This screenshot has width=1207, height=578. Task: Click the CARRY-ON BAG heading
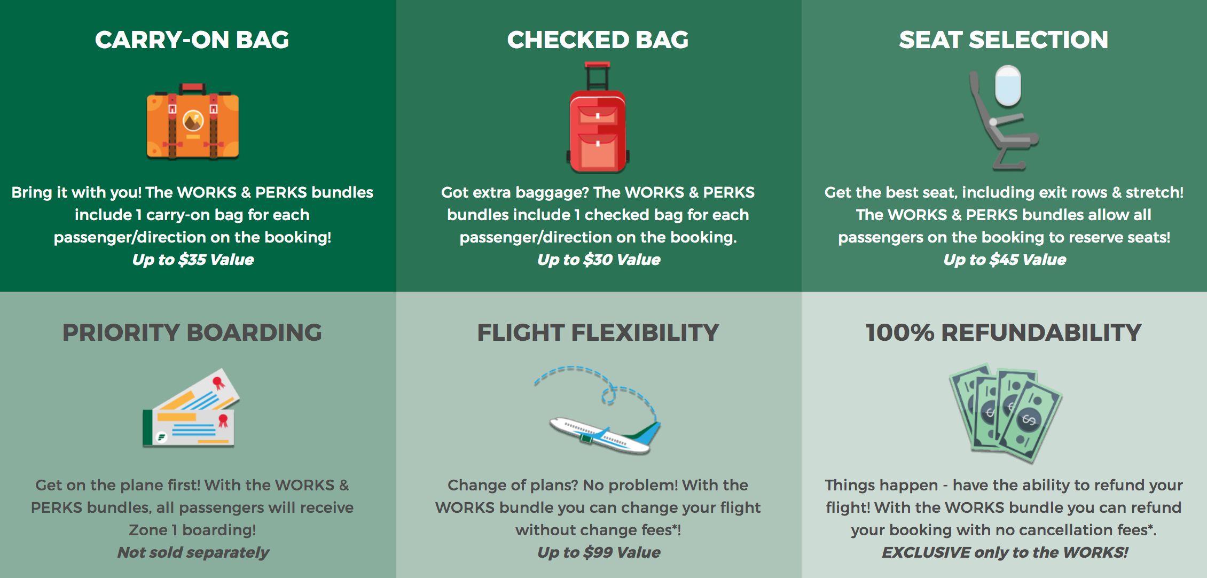(192, 40)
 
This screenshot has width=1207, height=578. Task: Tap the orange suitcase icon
(193, 122)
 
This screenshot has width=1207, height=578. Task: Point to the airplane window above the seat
(1008, 85)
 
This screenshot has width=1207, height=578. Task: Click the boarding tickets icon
(191, 408)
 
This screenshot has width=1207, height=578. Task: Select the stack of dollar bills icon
(1006, 412)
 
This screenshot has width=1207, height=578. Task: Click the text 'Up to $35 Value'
(193, 260)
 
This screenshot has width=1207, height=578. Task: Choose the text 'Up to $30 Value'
(599, 260)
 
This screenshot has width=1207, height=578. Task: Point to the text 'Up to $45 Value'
(1005, 260)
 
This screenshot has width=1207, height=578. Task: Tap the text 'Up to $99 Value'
(599, 552)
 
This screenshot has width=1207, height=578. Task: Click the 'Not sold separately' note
(193, 552)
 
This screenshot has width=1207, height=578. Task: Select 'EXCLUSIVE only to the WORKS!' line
(1005, 552)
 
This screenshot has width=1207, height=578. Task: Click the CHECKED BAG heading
(598, 40)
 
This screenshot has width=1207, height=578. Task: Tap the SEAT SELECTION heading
(1004, 40)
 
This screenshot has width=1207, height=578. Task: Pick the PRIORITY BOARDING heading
(192, 332)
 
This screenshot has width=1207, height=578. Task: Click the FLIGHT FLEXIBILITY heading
(598, 332)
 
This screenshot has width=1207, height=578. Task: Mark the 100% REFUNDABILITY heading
(1004, 332)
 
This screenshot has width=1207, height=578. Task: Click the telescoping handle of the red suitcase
(598, 76)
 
